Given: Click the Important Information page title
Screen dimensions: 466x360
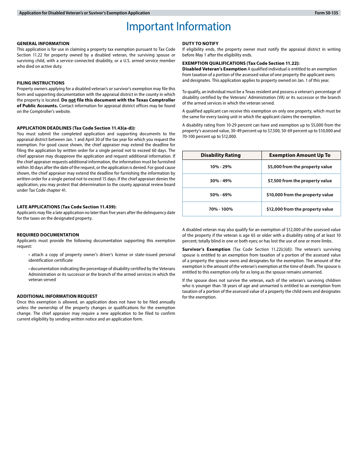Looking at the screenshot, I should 178,27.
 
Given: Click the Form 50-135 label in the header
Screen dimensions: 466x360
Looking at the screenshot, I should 326,13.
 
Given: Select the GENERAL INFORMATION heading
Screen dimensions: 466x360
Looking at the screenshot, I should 43,44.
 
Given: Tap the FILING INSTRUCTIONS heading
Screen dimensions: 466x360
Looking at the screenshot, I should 41,83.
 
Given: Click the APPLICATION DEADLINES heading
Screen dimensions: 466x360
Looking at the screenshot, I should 76,128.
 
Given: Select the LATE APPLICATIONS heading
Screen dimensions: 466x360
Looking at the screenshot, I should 66,207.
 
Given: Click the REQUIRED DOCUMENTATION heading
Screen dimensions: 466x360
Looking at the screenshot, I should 48,235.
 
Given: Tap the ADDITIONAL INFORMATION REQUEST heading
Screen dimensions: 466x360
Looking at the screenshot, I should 57,296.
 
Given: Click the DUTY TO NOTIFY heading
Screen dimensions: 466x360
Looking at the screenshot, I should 200,44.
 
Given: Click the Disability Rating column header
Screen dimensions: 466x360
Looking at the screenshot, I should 221,155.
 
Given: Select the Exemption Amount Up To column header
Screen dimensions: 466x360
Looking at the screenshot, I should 300,155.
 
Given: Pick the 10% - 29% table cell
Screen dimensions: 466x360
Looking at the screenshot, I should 221,167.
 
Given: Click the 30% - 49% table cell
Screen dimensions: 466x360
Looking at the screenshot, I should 221,181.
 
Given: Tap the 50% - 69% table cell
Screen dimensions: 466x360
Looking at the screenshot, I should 221,195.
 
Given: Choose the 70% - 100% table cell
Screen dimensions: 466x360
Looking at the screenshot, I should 221,209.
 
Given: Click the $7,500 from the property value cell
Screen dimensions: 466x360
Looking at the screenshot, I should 300,181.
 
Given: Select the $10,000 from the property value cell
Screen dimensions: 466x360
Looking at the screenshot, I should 300,195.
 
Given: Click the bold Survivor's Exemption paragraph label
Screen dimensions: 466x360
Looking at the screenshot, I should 206,249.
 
